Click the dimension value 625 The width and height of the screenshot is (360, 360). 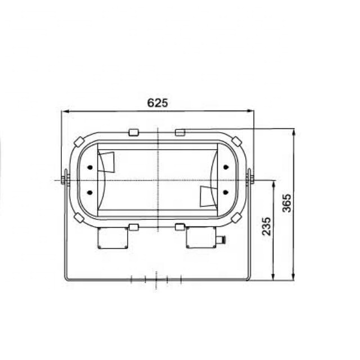[x=157, y=102]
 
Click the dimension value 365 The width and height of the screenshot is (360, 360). [x=286, y=202]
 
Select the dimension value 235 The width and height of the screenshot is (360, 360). [x=267, y=226]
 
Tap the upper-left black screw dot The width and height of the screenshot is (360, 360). [x=90, y=167]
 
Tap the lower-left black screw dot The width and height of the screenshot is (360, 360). [x=90, y=192]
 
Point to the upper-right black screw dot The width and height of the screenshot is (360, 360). [x=226, y=167]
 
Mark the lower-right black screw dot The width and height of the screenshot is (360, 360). [x=226, y=192]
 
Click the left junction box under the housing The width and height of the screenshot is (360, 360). [x=112, y=237]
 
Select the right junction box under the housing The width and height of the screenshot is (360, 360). [x=201, y=237]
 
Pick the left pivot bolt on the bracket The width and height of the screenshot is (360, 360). [x=65, y=179]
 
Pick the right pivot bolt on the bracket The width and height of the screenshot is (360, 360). [x=250, y=179]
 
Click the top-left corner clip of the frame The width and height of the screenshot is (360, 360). [x=79, y=141]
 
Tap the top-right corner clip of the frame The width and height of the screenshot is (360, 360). [x=237, y=141]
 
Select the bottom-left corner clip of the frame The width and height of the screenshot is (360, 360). [x=79, y=217]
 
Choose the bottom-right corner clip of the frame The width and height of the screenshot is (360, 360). [x=236, y=217]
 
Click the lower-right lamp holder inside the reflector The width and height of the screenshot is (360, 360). [x=209, y=196]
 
